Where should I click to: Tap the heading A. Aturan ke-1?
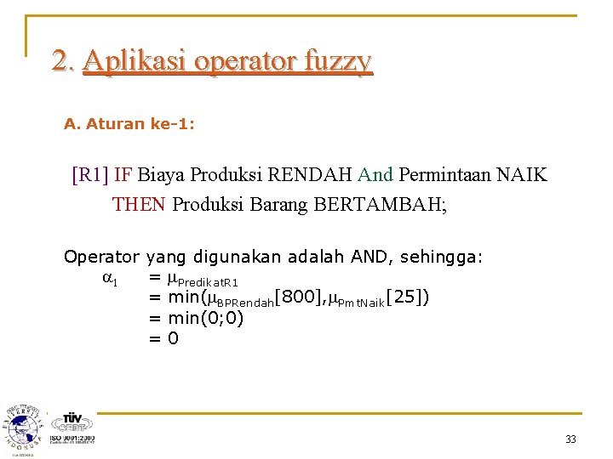tap(129, 124)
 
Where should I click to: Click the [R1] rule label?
tap(89, 176)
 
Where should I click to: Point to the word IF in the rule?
tap(123, 176)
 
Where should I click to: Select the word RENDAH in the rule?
tap(309, 176)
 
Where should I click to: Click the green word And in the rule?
tap(375, 176)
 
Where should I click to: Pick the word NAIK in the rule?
tap(523, 176)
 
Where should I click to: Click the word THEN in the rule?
tap(140, 204)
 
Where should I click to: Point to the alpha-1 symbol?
tap(110, 278)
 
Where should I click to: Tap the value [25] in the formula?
tap(407, 297)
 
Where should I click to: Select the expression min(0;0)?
tap(206, 319)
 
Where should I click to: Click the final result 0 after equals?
tap(173, 338)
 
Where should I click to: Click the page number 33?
tap(570, 439)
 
